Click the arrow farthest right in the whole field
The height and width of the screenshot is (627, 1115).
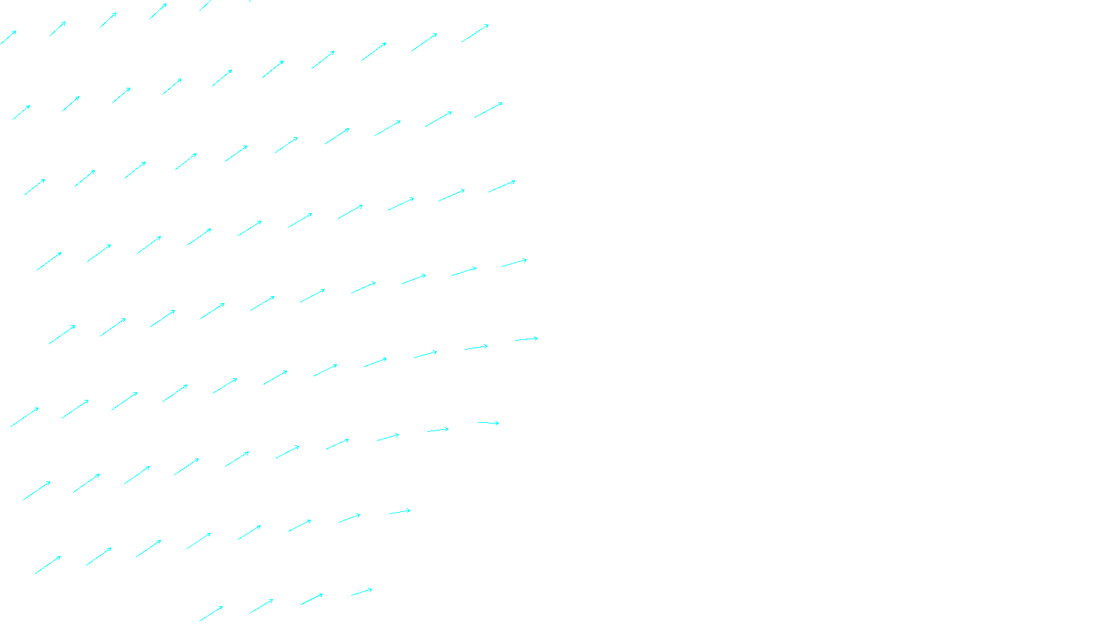[526, 339]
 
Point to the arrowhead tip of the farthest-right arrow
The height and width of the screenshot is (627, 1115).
[538, 338]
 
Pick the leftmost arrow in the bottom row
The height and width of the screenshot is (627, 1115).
[211, 614]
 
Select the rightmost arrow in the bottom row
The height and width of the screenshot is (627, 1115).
[362, 592]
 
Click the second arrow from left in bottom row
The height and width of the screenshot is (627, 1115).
[261, 606]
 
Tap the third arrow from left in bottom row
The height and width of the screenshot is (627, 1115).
[312, 599]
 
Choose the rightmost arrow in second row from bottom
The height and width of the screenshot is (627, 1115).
[400, 512]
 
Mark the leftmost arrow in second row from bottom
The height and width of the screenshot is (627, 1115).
[48, 565]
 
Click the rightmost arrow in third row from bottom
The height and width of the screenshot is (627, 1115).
[489, 423]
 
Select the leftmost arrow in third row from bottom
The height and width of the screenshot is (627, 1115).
[36, 490]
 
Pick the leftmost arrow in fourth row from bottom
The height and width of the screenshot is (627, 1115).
[24, 417]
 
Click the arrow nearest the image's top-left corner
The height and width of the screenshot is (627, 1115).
[8, 38]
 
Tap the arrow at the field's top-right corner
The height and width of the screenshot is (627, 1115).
[475, 33]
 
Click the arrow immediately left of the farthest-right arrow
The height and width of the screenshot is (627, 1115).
[476, 347]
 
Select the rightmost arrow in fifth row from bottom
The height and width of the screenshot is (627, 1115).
[514, 263]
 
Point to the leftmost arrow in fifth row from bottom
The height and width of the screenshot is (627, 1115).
[62, 335]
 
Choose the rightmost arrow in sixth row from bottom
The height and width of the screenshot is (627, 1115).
[502, 186]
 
